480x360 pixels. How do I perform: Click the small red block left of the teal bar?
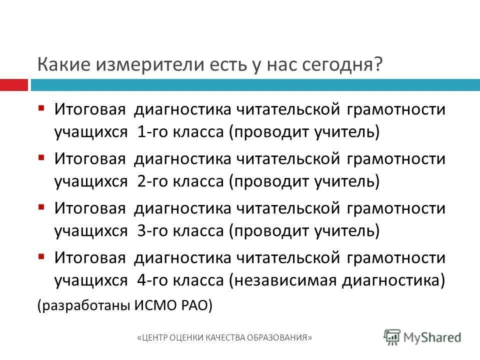point(13,85)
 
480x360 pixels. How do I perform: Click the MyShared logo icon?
point(392,337)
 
